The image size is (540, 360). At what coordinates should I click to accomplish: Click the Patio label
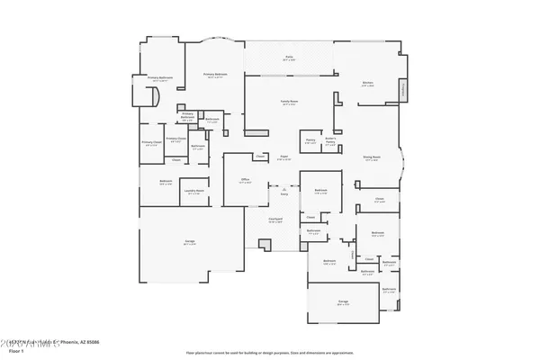tap(290, 58)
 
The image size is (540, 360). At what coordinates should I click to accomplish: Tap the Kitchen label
tap(367, 83)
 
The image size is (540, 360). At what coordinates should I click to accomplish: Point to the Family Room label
tap(289, 103)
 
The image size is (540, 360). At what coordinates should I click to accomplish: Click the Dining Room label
tap(372, 157)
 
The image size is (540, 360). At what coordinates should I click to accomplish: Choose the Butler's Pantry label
tap(330, 141)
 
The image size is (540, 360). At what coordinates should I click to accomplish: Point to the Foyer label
tap(283, 158)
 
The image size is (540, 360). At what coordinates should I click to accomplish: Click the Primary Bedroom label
tap(215, 75)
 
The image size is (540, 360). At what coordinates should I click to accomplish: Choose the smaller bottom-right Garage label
tap(343, 303)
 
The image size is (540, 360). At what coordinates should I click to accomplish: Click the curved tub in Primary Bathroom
tap(153, 97)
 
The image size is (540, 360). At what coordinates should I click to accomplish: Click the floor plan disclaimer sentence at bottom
tap(269, 352)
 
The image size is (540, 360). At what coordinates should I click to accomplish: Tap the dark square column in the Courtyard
tap(264, 244)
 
